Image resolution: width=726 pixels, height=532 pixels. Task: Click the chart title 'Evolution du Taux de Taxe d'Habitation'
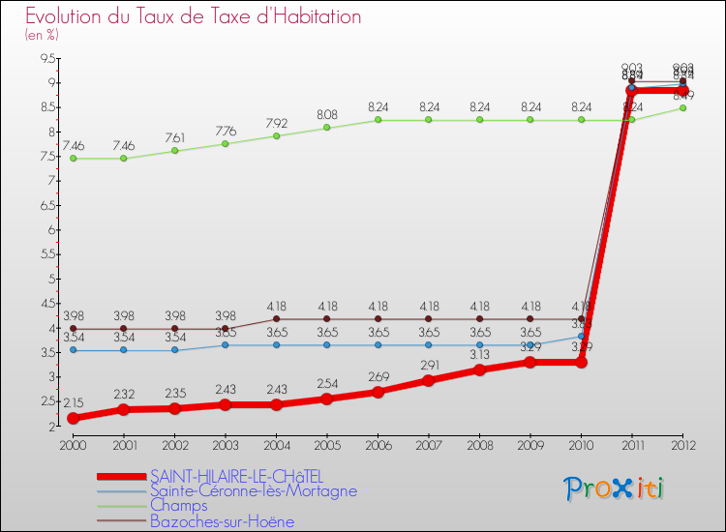tap(194, 16)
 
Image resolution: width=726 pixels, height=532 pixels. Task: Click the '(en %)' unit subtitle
tap(42, 35)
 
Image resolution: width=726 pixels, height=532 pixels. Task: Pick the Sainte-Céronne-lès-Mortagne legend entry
tap(254, 491)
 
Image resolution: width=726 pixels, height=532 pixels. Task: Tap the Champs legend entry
tap(179, 506)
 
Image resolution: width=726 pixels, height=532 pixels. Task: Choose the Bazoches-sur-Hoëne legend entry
tap(222, 521)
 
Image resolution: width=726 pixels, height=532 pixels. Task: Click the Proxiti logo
tap(615, 488)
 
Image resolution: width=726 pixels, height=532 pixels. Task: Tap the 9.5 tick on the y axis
tap(46, 59)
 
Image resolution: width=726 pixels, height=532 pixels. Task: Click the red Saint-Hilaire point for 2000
tap(72, 418)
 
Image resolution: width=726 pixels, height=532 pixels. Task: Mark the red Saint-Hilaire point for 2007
tap(429, 380)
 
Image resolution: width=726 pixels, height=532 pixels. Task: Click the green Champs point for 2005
tap(326, 128)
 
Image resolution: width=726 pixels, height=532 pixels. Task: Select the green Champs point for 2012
tap(683, 107)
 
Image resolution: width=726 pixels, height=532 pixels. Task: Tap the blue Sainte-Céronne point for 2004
tap(276, 345)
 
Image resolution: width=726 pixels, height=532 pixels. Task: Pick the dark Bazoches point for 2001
tap(123, 329)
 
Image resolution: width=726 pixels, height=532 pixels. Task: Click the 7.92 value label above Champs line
tap(276, 123)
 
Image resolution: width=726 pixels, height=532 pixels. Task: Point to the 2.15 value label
tap(74, 401)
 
